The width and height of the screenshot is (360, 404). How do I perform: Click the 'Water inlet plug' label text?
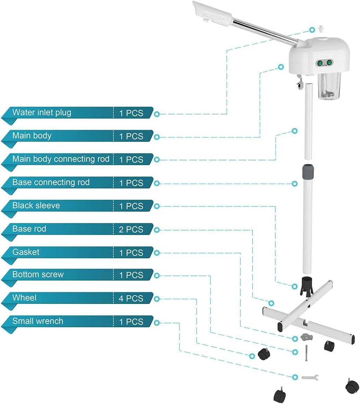pyautogui.click(x=42, y=113)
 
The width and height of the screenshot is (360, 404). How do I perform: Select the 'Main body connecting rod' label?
pyautogui.click(x=61, y=159)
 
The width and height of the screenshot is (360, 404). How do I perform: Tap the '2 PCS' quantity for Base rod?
pyautogui.click(x=131, y=229)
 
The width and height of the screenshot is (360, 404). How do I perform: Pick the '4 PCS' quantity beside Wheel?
pyautogui.click(x=131, y=298)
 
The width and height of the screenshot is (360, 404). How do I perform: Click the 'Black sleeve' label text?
pyautogui.click(x=36, y=205)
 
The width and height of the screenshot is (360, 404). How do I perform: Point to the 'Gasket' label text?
pyautogui.click(x=26, y=252)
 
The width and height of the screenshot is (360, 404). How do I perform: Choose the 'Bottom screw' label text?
pyautogui.click(x=38, y=274)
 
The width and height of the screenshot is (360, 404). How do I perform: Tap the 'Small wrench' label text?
pyautogui.click(x=38, y=321)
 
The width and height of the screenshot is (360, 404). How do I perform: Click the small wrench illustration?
pyautogui.click(x=310, y=378)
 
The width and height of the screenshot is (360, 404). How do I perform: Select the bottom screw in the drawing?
pyautogui.click(x=307, y=353)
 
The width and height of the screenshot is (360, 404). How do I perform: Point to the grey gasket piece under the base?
pyautogui.click(x=307, y=337)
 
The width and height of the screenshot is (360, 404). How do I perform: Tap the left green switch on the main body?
pyautogui.click(x=320, y=63)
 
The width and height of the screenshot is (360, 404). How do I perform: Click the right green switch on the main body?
pyautogui.click(x=329, y=63)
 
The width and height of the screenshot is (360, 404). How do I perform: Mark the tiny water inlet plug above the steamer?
pyautogui.click(x=321, y=28)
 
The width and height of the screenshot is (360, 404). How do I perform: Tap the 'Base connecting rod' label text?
pyautogui.click(x=51, y=182)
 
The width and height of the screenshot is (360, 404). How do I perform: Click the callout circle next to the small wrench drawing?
pyautogui.click(x=295, y=377)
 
